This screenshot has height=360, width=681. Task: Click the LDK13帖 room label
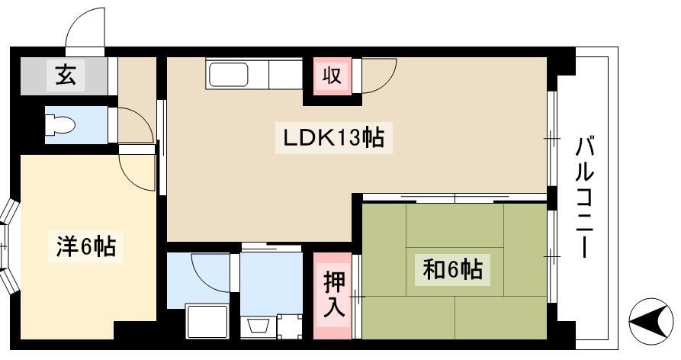coord(333,139)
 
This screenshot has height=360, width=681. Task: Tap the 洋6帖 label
coord(85,246)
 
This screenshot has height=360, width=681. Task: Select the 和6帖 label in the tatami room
coord(452,270)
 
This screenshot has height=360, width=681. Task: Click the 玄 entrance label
coord(66,75)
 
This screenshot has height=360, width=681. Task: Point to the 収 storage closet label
coord(332,76)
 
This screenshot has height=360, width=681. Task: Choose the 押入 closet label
coord(333,296)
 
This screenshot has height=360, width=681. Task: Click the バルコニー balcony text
coord(585,197)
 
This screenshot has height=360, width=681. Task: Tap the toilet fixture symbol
coord(60,125)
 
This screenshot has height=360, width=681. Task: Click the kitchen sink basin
coord(229,75)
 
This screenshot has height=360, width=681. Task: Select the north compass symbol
coord(650,322)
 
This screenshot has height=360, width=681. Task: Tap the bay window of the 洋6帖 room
coord(8,246)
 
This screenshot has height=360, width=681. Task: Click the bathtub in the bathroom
coord(207,322)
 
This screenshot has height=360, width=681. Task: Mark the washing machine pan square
coord(289,326)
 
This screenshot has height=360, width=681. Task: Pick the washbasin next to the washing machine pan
coord(259,326)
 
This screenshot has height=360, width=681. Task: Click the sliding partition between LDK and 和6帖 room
coord(455,198)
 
